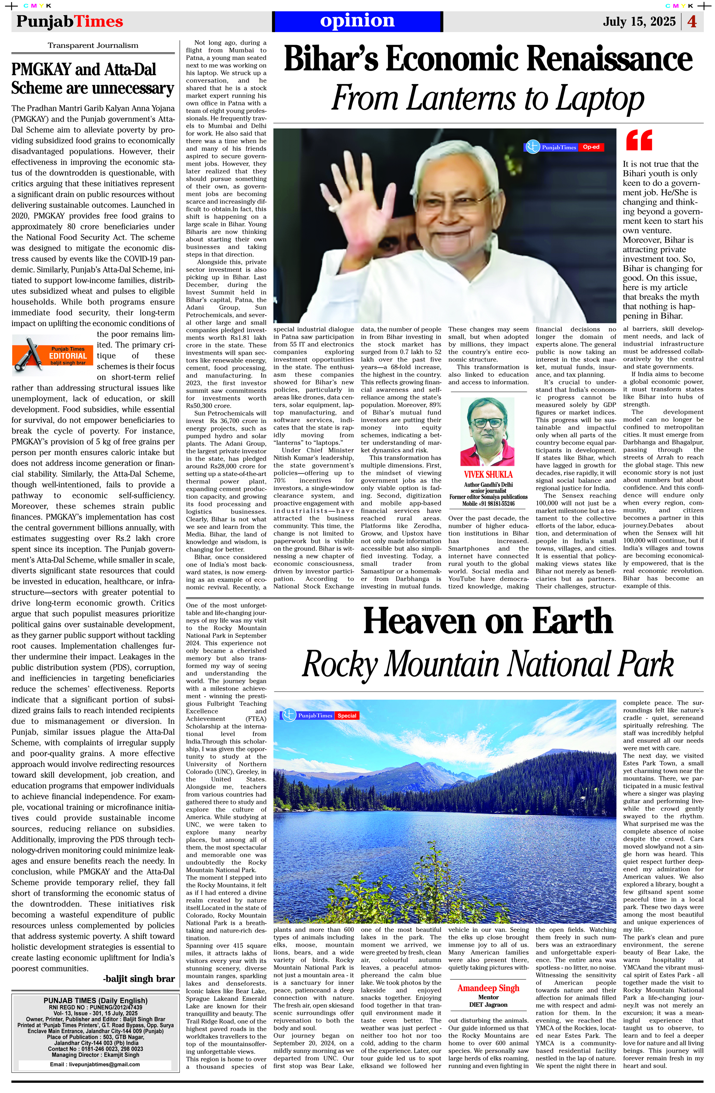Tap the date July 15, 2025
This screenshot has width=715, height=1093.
pyautogui.click(x=639, y=21)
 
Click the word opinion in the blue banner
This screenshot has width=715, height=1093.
pyautogui.click(x=357, y=21)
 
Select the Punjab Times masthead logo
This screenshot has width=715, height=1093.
pyautogui.click(x=70, y=21)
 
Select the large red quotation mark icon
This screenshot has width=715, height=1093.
pyautogui.click(x=639, y=140)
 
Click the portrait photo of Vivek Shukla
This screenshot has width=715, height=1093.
pyautogui.click(x=487, y=432)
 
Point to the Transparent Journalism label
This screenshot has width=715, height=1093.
pyautogui.click(x=93, y=45)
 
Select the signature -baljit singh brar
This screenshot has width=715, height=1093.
pyautogui.click(x=139, y=979)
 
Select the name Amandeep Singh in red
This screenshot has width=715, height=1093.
pyautogui.click(x=488, y=988)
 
